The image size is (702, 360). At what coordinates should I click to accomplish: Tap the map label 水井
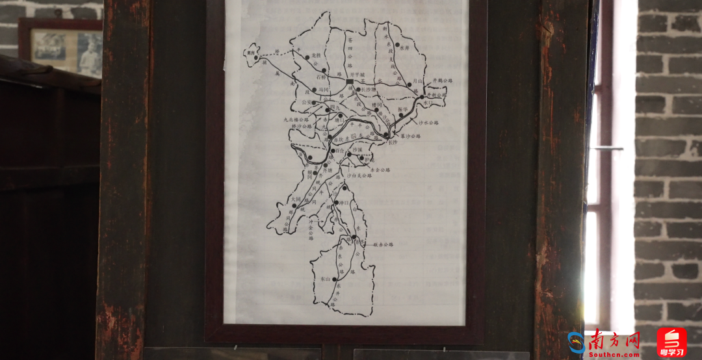(x=406, y=48)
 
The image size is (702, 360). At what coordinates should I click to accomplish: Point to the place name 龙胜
(x=317, y=57)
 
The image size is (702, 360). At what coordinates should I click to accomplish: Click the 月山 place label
(x=419, y=80)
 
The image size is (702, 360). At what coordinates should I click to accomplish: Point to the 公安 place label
(x=289, y=102)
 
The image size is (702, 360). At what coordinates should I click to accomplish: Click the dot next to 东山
(x=335, y=279)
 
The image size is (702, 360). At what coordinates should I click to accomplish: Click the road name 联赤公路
(x=383, y=244)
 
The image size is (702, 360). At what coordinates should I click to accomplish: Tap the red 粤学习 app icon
(x=671, y=342)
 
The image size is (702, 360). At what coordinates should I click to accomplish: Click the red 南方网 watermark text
(x=614, y=340)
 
